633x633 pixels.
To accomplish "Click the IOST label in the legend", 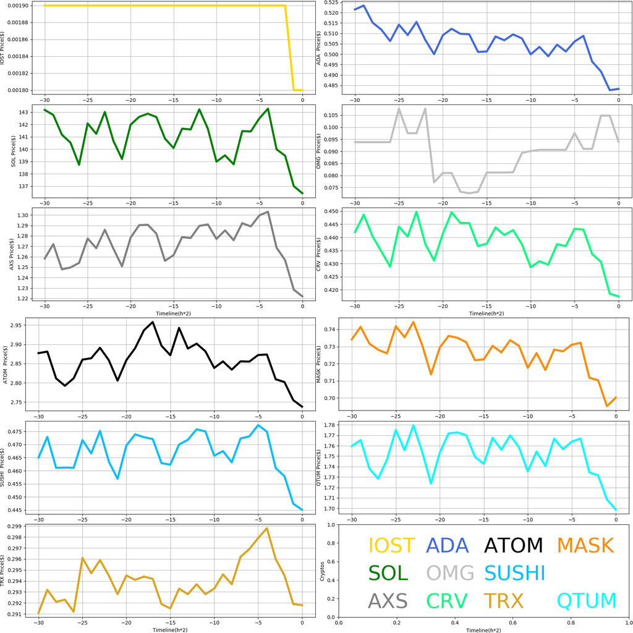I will coord(391,545).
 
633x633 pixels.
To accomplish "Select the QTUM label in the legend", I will coord(587,600).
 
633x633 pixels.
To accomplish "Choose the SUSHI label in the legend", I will coord(514,573).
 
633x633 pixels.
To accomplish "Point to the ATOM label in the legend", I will coord(513,545).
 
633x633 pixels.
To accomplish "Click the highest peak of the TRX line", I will coord(266,529).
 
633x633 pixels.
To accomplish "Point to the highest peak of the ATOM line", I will coord(153,322).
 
